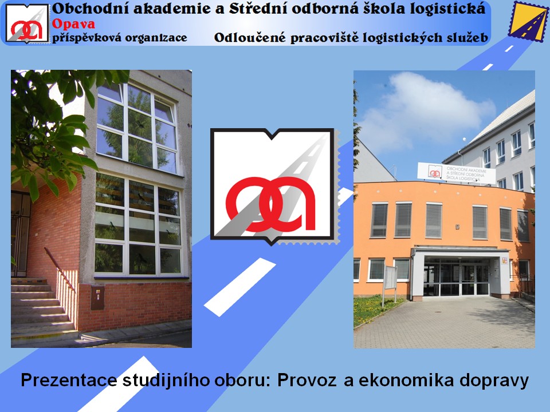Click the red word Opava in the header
point(73,24)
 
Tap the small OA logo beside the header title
point(27,23)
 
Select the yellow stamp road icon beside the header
point(528,21)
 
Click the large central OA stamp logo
point(274,187)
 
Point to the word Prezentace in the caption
point(69,381)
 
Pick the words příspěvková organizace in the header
point(120,38)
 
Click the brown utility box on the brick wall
point(97,298)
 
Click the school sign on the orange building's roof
point(457,173)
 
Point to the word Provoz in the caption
point(307,381)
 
